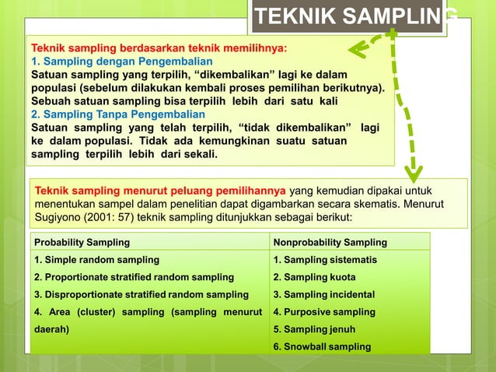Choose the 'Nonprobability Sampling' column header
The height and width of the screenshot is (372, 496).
[x=330, y=242]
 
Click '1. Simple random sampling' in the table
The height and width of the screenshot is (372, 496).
[x=96, y=259]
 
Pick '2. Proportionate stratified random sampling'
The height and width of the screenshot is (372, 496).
[x=133, y=277]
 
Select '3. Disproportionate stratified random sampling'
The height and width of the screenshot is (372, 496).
[x=140, y=294]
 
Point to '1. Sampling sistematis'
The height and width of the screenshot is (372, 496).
[x=325, y=259]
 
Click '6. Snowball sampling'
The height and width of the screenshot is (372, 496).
[x=322, y=346]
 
